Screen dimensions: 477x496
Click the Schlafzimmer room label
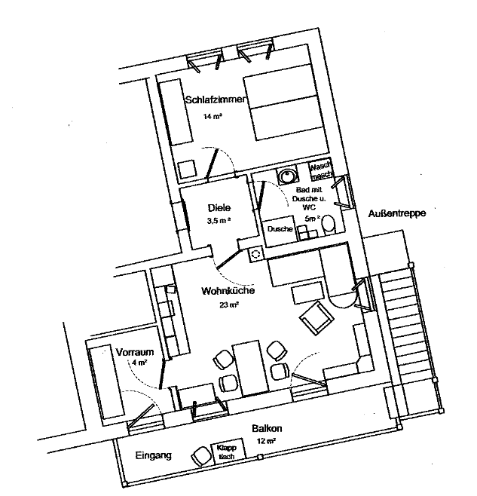(215, 100)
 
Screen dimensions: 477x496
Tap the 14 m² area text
(213, 116)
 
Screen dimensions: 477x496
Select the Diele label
(219, 208)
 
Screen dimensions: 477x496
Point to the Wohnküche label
(228, 291)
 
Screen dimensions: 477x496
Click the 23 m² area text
(229, 305)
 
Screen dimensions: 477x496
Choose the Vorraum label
(135, 352)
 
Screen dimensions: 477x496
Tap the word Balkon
(267, 429)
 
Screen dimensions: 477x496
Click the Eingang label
(154, 455)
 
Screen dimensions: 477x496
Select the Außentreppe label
(396, 213)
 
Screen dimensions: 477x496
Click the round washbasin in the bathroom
(288, 176)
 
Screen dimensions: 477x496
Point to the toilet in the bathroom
(329, 225)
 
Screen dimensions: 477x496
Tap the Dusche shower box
(280, 231)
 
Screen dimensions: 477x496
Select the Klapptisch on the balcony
(228, 452)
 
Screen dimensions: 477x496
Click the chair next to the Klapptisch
(201, 456)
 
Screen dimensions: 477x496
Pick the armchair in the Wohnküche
(316, 318)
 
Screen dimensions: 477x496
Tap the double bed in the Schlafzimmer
(284, 103)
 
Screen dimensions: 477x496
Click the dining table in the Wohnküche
(250, 369)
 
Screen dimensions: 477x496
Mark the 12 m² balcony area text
(266, 441)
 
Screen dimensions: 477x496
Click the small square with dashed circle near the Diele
(255, 254)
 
